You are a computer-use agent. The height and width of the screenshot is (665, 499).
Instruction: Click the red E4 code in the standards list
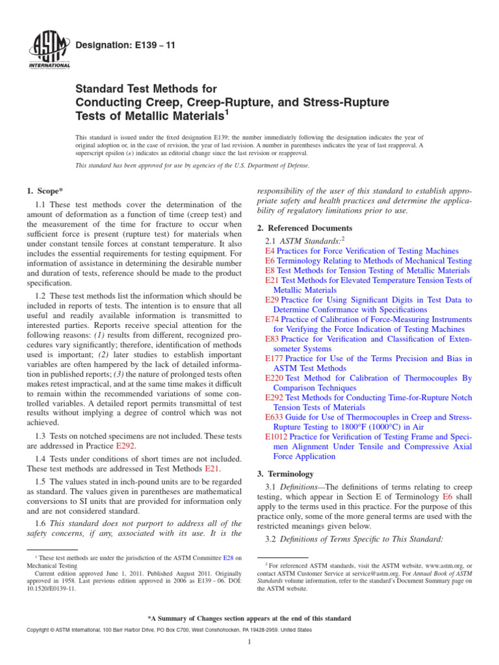[270, 251]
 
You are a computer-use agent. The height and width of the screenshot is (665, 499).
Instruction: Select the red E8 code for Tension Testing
[270, 270]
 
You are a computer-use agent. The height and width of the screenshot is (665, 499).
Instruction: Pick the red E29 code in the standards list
[273, 300]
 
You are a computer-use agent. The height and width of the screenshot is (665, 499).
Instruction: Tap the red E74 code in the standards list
[273, 320]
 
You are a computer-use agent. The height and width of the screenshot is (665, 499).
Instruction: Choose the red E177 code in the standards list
[275, 358]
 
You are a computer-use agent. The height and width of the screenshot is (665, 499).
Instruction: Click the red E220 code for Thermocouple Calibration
[275, 378]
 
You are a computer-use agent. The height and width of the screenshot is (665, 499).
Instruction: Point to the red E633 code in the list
[275, 417]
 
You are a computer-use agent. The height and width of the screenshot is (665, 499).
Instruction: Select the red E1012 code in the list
[277, 436]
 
